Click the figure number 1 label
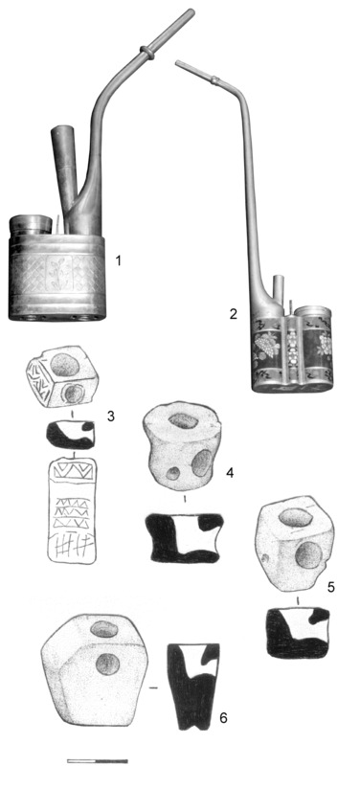(x=119, y=260)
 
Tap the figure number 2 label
(x=234, y=314)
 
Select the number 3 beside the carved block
(x=111, y=416)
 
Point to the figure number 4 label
(x=230, y=473)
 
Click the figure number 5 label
(x=331, y=587)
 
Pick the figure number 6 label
(x=223, y=718)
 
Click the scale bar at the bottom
(x=98, y=761)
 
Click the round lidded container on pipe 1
(x=31, y=226)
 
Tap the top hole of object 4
(x=184, y=420)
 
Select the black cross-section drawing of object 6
(x=193, y=687)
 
